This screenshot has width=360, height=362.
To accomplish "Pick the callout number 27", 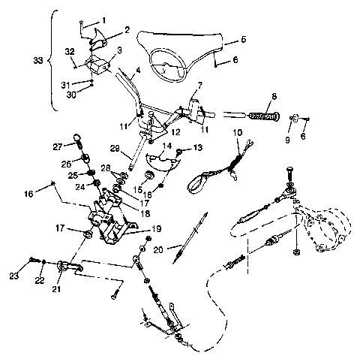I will (x=57, y=146).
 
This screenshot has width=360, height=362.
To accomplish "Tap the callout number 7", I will (x=200, y=86).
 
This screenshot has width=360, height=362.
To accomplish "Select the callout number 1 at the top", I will (x=103, y=19).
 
